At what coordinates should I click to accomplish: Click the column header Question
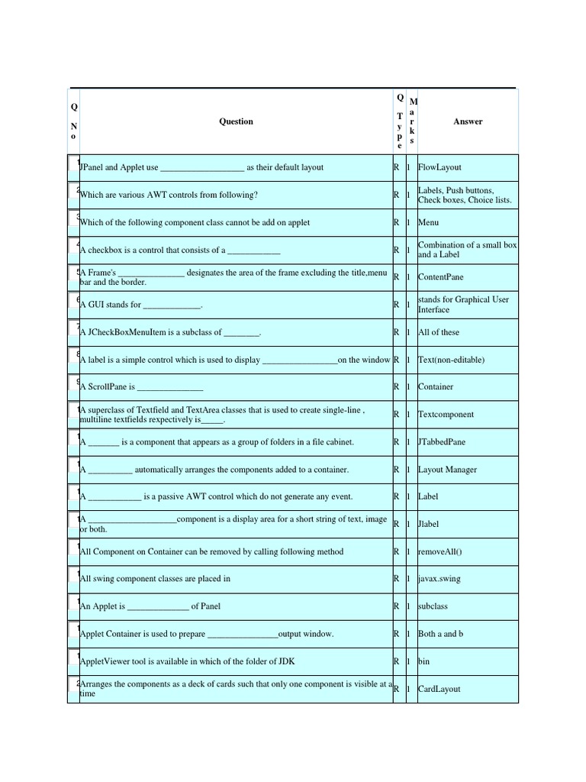(236, 121)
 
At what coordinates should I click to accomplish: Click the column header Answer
(468, 121)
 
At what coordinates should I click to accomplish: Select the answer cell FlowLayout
(439, 167)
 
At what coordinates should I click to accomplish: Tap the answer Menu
(428, 222)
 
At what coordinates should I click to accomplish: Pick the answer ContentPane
(440, 277)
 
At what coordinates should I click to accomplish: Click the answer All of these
(439, 332)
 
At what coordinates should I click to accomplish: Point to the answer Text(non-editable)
(451, 360)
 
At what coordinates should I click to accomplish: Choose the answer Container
(436, 387)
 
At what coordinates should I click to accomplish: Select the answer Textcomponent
(446, 415)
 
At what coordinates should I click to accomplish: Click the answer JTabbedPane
(442, 442)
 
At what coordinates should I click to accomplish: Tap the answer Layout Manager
(447, 470)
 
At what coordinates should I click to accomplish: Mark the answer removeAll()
(440, 551)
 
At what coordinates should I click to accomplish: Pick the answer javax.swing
(439, 579)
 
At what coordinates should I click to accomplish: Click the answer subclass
(433, 606)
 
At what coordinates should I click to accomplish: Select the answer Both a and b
(440, 634)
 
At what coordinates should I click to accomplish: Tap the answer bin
(424, 661)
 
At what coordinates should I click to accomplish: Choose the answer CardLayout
(439, 689)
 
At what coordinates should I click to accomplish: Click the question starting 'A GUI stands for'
(140, 305)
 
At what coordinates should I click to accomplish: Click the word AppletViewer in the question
(104, 661)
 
